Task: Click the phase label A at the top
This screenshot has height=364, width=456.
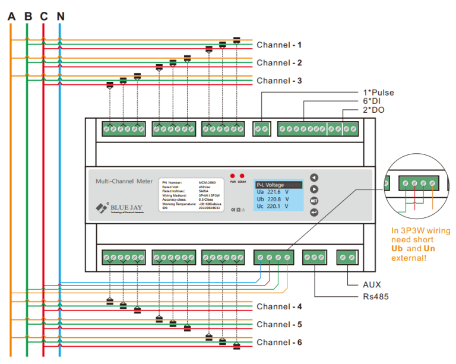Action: pos(11,16)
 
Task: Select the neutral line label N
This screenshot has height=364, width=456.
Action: pos(60,16)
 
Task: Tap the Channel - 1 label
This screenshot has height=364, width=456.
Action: pos(279,45)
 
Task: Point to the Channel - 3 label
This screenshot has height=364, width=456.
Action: pos(279,81)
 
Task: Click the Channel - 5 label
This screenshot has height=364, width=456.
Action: pos(279,325)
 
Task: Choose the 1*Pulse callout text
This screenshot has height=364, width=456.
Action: pos(379,93)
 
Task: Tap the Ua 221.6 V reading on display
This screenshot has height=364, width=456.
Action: pos(273,192)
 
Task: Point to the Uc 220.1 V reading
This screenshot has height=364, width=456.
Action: pos(273,206)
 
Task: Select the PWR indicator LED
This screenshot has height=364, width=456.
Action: pos(233,176)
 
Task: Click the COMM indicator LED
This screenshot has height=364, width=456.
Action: pos(242,176)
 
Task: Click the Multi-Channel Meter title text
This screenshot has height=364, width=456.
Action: pos(124,181)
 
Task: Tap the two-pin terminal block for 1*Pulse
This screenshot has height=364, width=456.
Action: pos(261,128)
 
